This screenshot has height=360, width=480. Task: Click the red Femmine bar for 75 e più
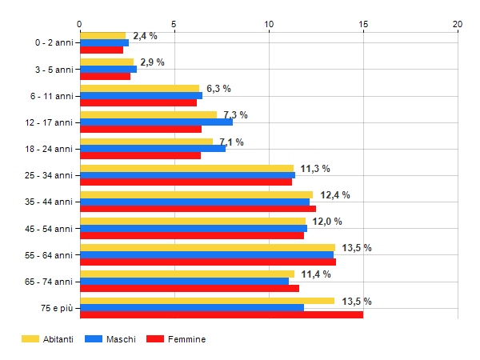pyautogui.click(x=221, y=314)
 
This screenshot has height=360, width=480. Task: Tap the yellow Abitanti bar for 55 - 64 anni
pyautogui.click(x=207, y=247)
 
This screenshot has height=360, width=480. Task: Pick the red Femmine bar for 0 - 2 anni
pyautogui.click(x=101, y=50)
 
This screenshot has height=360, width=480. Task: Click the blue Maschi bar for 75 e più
pyautogui.click(x=191, y=307)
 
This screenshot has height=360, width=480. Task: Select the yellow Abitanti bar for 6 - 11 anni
pyautogui.click(x=139, y=88)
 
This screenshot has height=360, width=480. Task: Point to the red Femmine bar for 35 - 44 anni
pyautogui.click(x=198, y=209)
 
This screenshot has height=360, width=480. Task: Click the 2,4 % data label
pyautogui.click(x=145, y=36)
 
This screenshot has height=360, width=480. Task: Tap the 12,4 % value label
pyautogui.click(x=335, y=195)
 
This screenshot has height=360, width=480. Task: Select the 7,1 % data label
pyautogui.click(x=231, y=142)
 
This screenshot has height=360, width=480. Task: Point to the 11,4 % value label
pyautogui.click(x=315, y=274)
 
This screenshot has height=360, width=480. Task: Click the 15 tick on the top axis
pyautogui.click(x=363, y=25)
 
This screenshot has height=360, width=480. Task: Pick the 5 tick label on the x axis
pyautogui.click(x=174, y=25)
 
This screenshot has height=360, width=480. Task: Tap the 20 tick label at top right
pyautogui.click(x=458, y=25)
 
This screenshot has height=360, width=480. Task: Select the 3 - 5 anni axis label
pyautogui.click(x=54, y=69)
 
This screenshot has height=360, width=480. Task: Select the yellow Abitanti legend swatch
pyautogui.click(x=30, y=339)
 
